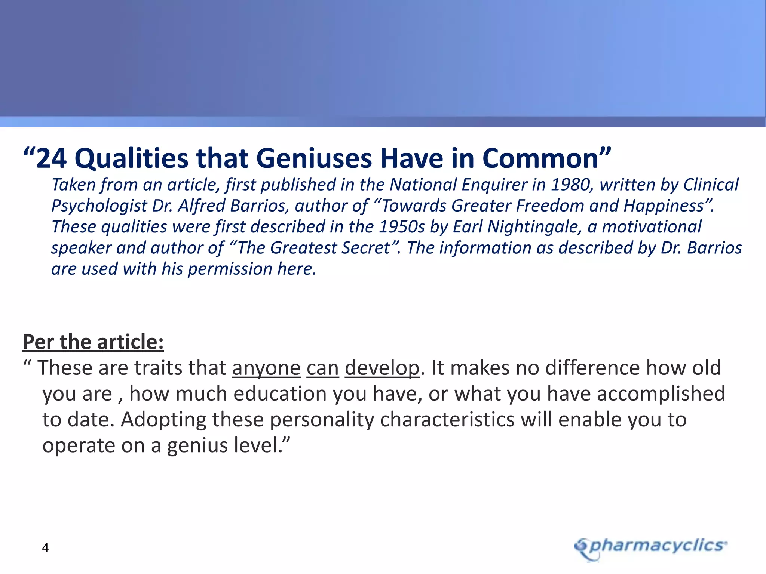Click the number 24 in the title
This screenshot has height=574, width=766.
click(52, 158)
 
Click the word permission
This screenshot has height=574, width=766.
click(230, 269)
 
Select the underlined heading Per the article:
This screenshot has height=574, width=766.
click(93, 342)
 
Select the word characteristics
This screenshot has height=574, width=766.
click(447, 420)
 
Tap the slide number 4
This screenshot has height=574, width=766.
click(45, 547)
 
